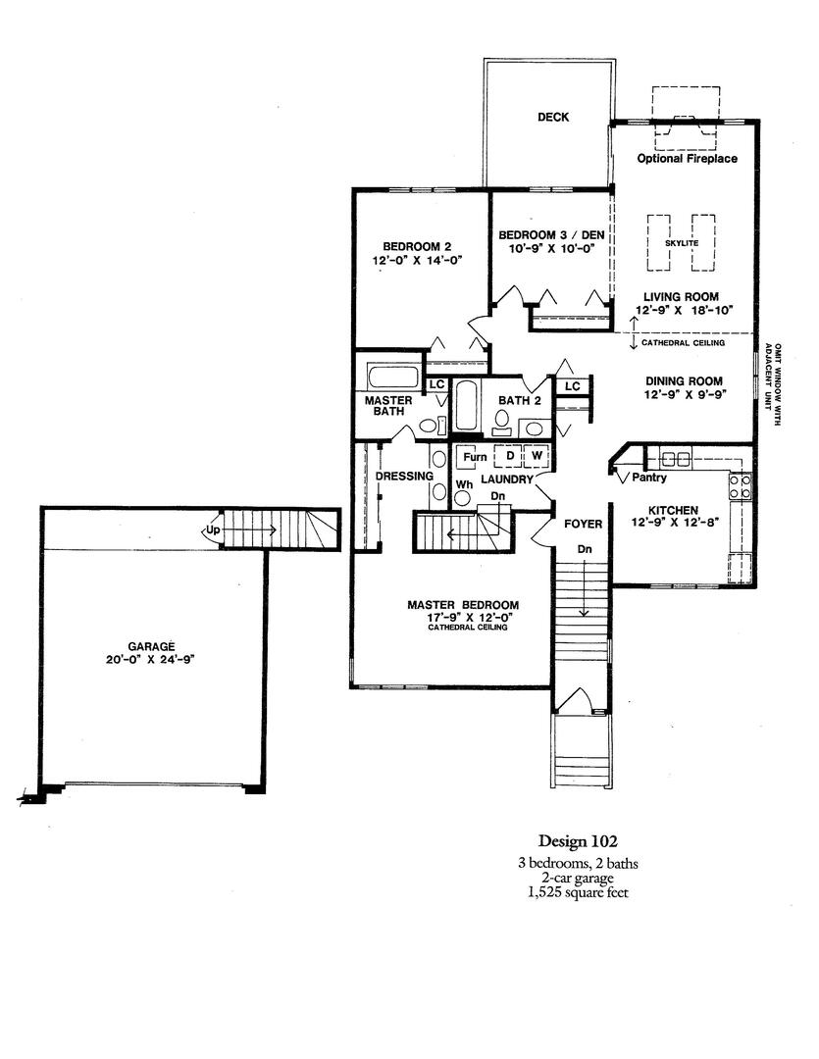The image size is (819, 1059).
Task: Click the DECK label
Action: pyautogui.click(x=553, y=117)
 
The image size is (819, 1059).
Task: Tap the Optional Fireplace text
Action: pyautogui.click(x=688, y=159)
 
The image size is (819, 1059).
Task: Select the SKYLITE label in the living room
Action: pyautogui.click(x=681, y=243)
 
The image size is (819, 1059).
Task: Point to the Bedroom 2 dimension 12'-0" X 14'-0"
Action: pyautogui.click(x=417, y=260)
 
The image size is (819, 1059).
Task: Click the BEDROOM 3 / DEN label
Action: pyautogui.click(x=551, y=235)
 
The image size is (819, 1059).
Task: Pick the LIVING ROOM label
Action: pyautogui.click(x=681, y=296)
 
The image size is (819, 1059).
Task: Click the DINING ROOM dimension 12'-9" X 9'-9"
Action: pyautogui.click(x=684, y=394)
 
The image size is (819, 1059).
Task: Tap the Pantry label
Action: pyautogui.click(x=649, y=478)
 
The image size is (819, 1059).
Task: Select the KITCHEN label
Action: pyautogui.click(x=673, y=511)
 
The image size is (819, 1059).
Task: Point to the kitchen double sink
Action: pyautogui.click(x=676, y=459)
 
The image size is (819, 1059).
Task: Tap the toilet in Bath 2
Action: pyautogui.click(x=502, y=422)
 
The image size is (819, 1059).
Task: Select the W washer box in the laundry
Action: pyautogui.click(x=537, y=456)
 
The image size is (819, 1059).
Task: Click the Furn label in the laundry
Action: pyautogui.click(x=475, y=457)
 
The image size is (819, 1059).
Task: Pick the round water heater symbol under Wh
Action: pyautogui.click(x=463, y=498)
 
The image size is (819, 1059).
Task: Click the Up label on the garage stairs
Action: pyautogui.click(x=213, y=530)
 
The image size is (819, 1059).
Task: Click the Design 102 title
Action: pyautogui.click(x=578, y=841)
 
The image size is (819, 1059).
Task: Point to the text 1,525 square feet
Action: pyautogui.click(x=578, y=893)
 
